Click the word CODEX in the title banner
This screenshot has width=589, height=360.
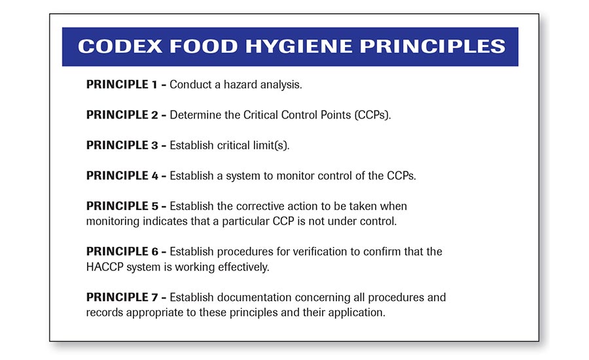[x=120, y=46]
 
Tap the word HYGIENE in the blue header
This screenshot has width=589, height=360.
[x=299, y=46]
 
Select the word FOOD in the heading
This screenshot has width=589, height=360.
[x=204, y=46]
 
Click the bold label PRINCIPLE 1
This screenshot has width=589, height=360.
[x=122, y=84]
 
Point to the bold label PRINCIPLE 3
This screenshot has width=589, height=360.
[x=122, y=145]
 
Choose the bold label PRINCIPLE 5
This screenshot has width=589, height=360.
[x=122, y=206]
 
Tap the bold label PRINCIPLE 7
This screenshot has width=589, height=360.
[x=122, y=297]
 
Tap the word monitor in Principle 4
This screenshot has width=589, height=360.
[x=295, y=176]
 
